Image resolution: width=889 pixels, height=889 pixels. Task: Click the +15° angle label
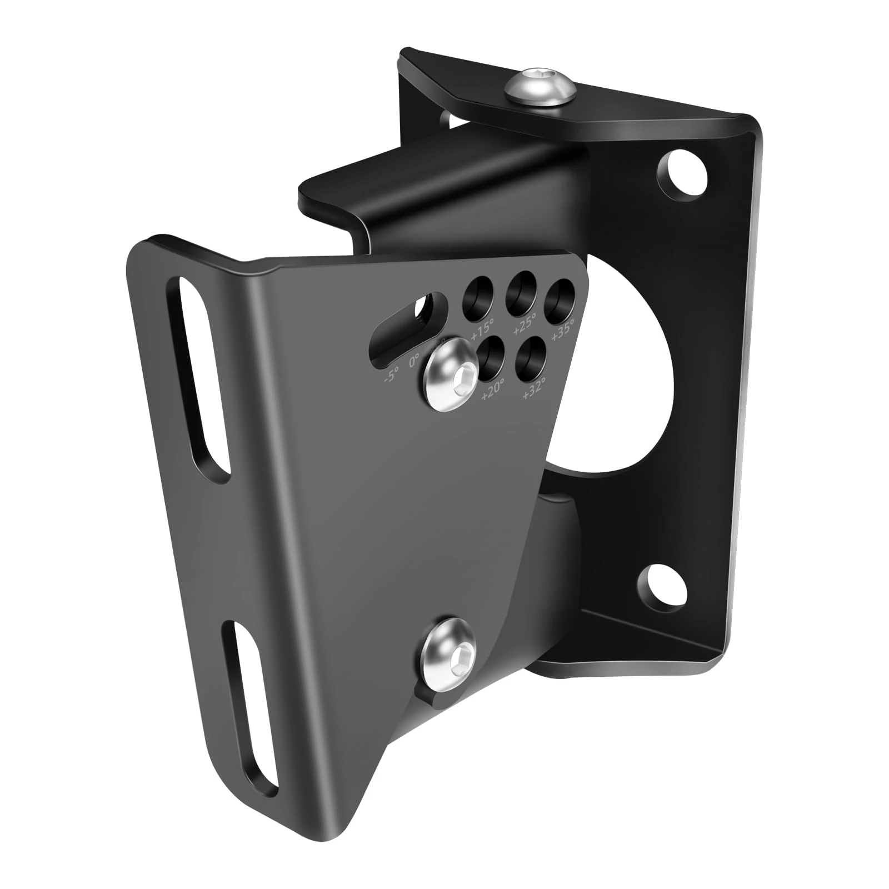click(482, 332)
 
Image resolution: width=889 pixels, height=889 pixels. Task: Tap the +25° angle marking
click(525, 323)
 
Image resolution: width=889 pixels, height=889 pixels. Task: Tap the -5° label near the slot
click(391, 376)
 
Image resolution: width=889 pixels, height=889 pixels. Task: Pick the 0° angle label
click(414, 362)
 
